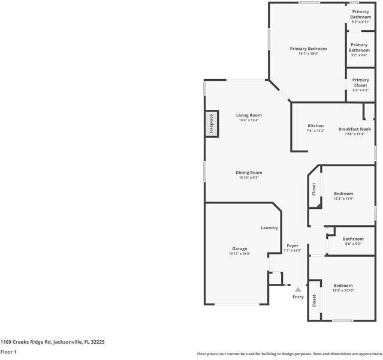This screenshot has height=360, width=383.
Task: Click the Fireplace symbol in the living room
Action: [211, 124]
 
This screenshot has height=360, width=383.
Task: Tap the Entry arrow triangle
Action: [298, 289]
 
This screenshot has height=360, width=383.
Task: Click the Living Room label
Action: [248, 115]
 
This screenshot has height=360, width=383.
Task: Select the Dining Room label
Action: [248, 173]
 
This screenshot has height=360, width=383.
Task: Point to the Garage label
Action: [240, 248]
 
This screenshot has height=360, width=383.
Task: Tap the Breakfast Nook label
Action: [354, 129]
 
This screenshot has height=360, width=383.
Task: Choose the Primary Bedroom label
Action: [308, 48]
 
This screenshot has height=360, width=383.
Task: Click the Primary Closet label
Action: [360, 83]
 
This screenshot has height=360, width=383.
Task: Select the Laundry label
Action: [269, 228]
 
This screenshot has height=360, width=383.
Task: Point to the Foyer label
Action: [292, 245]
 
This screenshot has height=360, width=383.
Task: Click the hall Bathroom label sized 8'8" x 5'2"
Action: [353, 239]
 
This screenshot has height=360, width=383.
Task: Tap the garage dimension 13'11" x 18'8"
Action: [240, 254]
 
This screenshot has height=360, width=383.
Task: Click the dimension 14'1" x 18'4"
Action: [308, 53]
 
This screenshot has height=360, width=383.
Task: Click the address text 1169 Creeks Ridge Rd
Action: [53, 341]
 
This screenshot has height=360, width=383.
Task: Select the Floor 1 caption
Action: [8, 352]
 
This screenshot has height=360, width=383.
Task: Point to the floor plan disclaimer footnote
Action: [289, 354]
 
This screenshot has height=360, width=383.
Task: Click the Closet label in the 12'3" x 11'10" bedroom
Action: [314, 301]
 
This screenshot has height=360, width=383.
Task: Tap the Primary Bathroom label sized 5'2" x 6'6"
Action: [359, 47]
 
